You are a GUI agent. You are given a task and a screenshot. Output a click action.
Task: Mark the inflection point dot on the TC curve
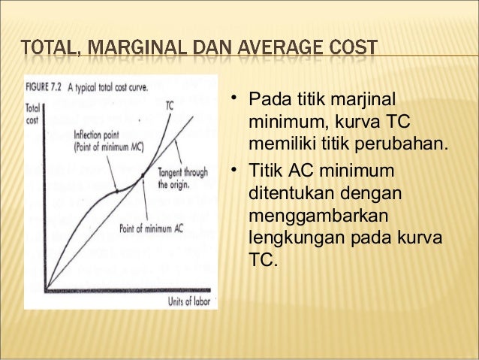116,192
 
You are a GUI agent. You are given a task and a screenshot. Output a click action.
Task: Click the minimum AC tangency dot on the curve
143,180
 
